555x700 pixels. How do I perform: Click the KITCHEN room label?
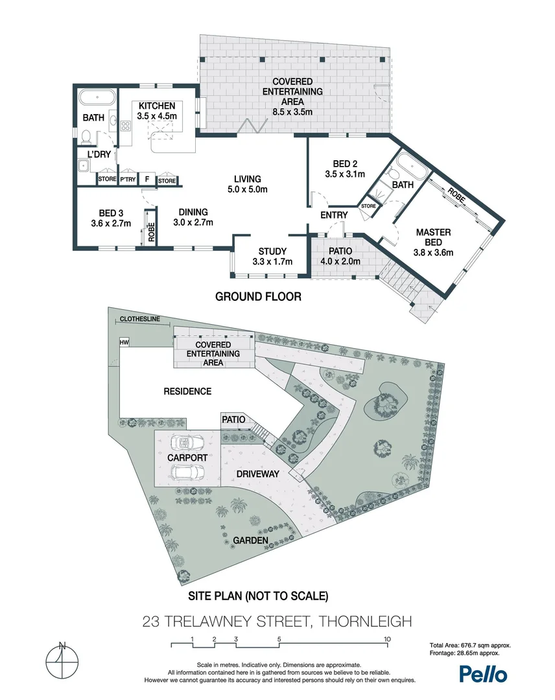(x=156, y=106)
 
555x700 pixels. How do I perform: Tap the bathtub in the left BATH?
(x=97, y=99)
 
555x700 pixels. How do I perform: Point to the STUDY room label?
(x=272, y=251)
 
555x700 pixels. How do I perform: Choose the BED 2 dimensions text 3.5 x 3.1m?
(x=345, y=174)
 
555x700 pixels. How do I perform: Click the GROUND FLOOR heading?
(x=258, y=297)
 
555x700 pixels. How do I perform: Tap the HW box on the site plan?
(x=124, y=342)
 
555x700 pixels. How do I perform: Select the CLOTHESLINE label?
(x=139, y=319)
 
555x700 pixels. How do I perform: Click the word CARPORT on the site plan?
(x=187, y=458)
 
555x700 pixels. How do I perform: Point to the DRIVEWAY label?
(x=258, y=474)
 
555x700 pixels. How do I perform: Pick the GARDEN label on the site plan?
(x=251, y=540)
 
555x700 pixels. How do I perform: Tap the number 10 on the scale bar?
(x=387, y=639)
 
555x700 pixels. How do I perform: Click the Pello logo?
(x=483, y=673)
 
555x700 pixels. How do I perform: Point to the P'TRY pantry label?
(x=128, y=180)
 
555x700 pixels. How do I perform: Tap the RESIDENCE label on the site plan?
(x=187, y=391)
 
